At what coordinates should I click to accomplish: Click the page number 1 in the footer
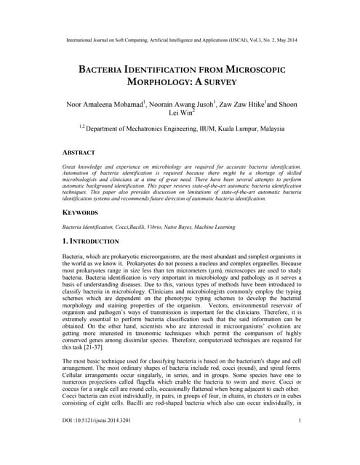300,441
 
